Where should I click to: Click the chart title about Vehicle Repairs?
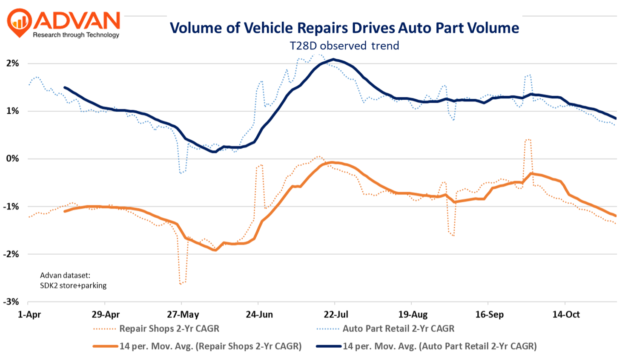click(344, 28)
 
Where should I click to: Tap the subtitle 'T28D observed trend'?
click(344, 46)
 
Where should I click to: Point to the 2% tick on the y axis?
click(12, 63)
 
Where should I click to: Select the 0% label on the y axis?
click(12, 159)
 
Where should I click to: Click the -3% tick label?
click(11, 302)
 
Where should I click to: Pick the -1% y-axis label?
click(11, 207)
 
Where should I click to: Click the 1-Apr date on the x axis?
click(29, 315)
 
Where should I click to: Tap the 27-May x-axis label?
click(183, 315)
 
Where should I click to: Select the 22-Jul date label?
click(336, 315)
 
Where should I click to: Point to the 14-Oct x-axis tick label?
click(566, 315)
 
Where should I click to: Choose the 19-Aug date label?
click(413, 315)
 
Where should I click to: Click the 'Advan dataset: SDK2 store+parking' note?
click(73, 281)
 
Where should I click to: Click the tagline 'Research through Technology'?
click(76, 35)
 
